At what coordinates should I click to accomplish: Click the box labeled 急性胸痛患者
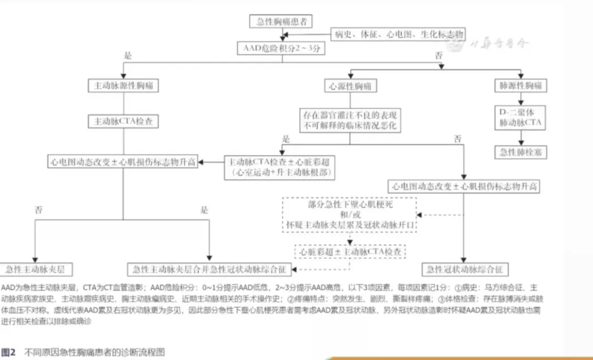point(281,21)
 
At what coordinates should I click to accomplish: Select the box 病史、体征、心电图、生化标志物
point(399,35)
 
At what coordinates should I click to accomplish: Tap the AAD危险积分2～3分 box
point(282,48)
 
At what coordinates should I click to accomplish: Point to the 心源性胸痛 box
point(349,86)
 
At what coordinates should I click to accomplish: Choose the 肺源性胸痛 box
point(521,86)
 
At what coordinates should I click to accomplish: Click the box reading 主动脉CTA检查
point(124,121)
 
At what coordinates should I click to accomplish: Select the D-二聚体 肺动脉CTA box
point(521,117)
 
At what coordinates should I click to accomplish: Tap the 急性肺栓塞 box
point(521,151)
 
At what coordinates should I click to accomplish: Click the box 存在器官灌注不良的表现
point(350,121)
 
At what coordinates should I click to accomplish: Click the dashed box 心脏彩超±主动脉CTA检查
point(350,251)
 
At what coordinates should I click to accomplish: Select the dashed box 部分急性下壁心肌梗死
point(349,214)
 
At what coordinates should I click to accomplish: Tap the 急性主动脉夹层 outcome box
point(37,269)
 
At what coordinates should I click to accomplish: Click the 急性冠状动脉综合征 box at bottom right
point(464,269)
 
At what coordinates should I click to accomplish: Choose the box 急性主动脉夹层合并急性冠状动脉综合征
point(210,269)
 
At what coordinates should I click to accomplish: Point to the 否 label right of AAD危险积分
point(439,55)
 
